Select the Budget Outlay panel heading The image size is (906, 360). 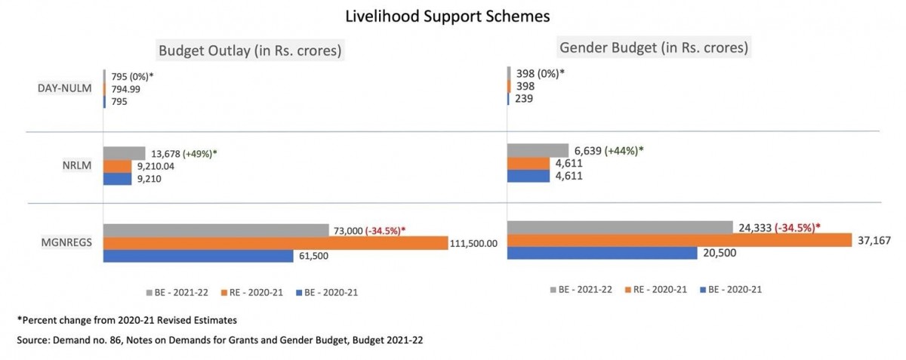pos(250,51)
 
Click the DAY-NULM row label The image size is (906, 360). pos(64,88)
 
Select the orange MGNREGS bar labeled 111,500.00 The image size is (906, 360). pos(275,243)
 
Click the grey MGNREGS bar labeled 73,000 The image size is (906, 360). pos(215,230)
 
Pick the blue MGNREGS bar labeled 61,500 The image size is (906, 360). pos(198,256)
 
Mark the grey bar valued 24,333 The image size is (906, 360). pos(620,227)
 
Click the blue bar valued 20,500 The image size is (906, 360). pos(602,253)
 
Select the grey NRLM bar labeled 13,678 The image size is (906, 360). pos(124,153)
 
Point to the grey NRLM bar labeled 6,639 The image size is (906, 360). pos(538,150)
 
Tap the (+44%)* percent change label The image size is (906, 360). pos(624,150)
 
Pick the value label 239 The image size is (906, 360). pos(524,98)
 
